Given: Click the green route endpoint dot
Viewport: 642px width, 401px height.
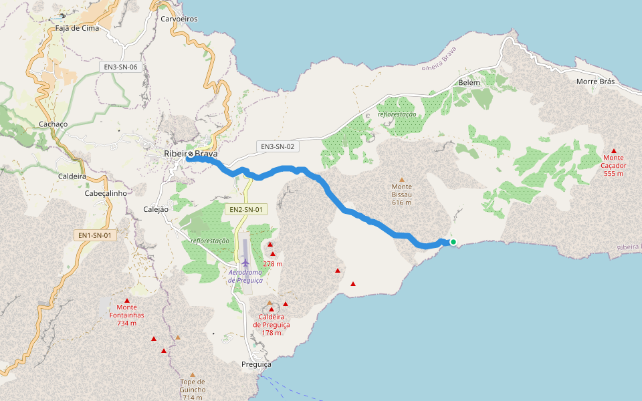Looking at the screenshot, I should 453,242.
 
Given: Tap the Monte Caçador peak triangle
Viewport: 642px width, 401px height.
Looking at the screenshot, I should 614,151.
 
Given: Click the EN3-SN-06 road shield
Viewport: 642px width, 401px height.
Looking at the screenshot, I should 120,67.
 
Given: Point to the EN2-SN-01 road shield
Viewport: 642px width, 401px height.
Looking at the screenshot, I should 245,209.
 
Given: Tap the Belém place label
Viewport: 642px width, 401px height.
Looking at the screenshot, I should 469,82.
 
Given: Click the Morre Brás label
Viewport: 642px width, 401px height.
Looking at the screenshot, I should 595,82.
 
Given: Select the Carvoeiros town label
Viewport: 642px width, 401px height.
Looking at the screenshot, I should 179,19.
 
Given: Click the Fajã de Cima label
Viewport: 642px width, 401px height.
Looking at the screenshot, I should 77,28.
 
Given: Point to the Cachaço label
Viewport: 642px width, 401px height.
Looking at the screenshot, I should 53,124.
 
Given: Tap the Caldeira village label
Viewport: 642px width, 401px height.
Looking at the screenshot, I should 72,176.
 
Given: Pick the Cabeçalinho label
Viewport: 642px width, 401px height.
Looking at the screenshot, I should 106,193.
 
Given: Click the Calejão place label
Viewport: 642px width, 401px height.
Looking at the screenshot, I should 156,209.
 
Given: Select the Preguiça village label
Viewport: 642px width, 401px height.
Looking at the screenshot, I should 256,365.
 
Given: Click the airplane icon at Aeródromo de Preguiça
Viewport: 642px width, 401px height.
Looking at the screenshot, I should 245,262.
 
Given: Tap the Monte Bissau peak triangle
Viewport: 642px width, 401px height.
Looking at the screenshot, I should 402,179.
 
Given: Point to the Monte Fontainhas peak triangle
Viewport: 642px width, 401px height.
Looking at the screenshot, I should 126,300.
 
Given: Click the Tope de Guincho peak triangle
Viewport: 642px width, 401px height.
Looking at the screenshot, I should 193,375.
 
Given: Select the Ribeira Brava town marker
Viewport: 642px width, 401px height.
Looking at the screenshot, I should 191,154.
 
